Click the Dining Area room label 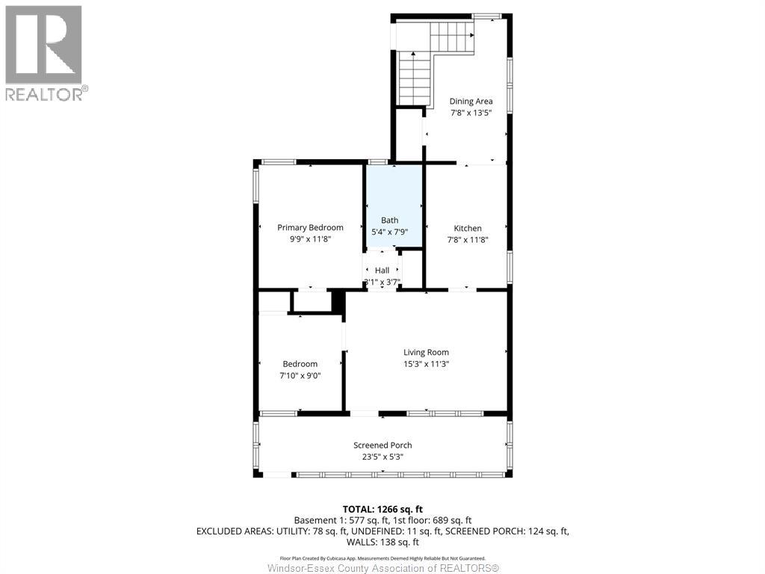coord(471,102)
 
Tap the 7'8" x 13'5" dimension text coord(471,114)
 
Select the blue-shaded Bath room coord(394,206)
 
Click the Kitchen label coord(468,228)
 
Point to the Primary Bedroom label coord(310,227)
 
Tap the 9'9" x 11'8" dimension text coord(310,239)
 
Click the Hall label coord(382,271)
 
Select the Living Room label coord(426,353)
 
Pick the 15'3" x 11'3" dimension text coord(426,364)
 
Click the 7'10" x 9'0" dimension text coord(300,376)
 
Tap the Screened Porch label coord(382,445)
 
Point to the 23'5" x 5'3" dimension coord(382,457)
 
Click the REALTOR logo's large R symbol coord(43,44)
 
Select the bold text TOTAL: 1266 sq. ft coord(382,510)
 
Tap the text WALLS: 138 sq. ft coord(382,542)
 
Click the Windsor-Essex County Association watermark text coord(382,568)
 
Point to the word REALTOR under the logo coord(43,93)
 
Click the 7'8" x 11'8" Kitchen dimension coord(468,240)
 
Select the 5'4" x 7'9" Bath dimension coord(390,232)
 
